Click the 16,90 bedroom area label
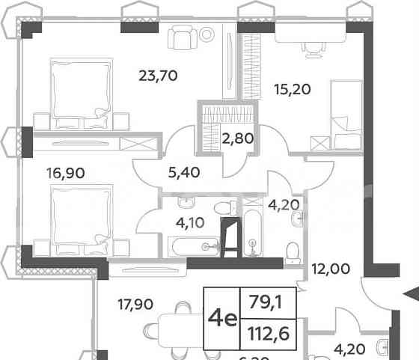(65, 173)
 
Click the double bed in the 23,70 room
(79, 89)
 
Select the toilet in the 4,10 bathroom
(221, 208)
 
